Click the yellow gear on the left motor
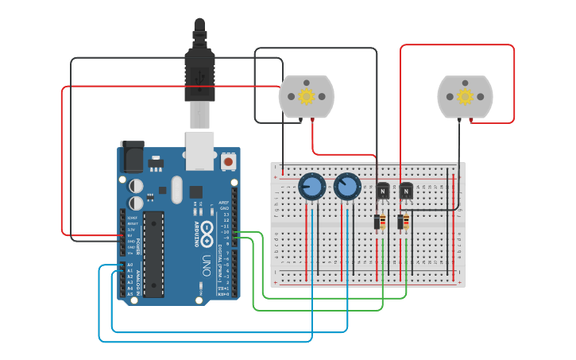point(306,96)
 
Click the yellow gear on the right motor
point(465,96)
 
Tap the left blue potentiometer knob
point(311,188)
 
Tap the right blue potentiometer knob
point(346,188)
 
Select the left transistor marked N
point(383,192)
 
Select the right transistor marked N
point(406,192)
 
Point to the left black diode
point(377,222)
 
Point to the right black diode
point(400,222)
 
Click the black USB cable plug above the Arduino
point(199,75)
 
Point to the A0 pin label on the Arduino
point(130,265)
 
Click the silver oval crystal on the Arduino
point(176,189)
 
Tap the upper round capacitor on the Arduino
point(137,185)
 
